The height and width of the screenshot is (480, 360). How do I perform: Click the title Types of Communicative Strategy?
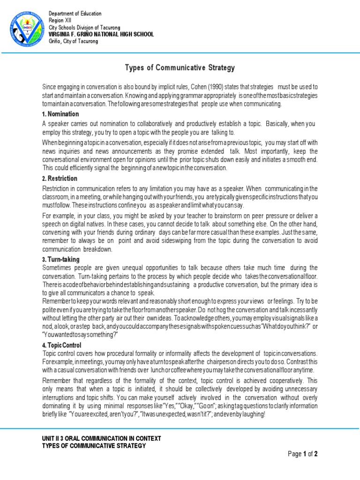[x=180, y=68]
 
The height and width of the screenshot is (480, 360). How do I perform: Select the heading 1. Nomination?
[x=60, y=114]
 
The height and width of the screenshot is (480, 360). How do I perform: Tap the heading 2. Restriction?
[x=60, y=179]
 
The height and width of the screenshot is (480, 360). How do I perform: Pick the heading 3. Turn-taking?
[x=61, y=259]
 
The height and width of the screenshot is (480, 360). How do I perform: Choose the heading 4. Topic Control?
[x=63, y=345]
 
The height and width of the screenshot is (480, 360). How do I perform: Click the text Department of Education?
[x=75, y=14]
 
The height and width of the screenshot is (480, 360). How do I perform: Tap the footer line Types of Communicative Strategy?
[x=94, y=445]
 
